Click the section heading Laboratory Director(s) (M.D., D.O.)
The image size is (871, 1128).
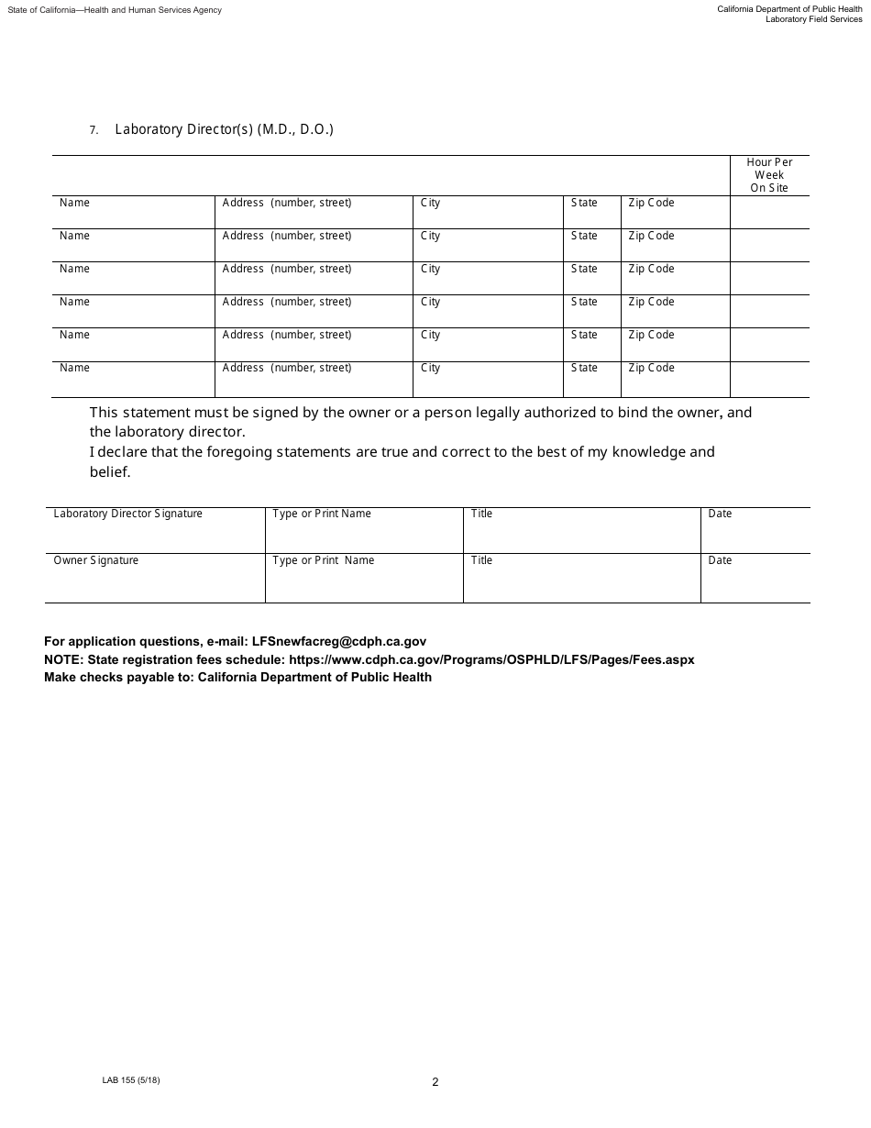pyautogui.click(x=224, y=129)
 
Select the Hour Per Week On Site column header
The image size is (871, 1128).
pyautogui.click(x=769, y=175)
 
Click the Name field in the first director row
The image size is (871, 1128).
pyautogui.click(x=133, y=213)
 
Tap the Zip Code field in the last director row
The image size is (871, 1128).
pyautogui.click(x=675, y=379)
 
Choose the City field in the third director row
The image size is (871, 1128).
pyautogui.click(x=487, y=279)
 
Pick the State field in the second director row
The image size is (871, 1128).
pyautogui.click(x=591, y=246)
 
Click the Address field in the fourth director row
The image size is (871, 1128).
pyautogui.click(x=314, y=312)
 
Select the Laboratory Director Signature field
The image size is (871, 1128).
pyautogui.click(x=155, y=531)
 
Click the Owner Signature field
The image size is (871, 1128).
pyautogui.click(x=155, y=579)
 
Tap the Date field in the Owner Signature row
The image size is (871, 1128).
pyautogui.click(x=755, y=579)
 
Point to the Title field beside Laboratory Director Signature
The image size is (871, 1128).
pyautogui.click(x=581, y=531)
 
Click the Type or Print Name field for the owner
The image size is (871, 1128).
pyautogui.click(x=364, y=579)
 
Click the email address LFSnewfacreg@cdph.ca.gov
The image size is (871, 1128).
pyautogui.click(x=338, y=642)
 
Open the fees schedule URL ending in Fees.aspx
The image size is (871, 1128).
pyautogui.click(x=491, y=659)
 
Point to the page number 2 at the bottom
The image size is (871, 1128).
pyautogui.click(x=435, y=1082)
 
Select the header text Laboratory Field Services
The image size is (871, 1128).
pyautogui.click(x=813, y=19)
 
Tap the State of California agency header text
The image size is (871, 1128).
pyautogui.click(x=115, y=10)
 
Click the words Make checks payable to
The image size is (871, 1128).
pyautogui.click(x=118, y=678)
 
